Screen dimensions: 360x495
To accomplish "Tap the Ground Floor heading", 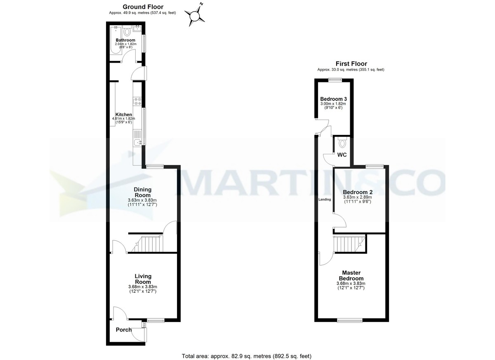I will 143,7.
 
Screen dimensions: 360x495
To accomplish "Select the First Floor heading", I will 351,64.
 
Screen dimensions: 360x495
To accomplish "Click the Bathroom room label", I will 125,40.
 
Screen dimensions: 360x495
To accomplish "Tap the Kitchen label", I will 123,115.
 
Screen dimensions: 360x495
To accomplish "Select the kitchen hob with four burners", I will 138,101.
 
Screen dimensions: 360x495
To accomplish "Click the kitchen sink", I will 138,142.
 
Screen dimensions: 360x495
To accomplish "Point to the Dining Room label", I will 142,192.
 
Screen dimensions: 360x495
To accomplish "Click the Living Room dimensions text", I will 143,289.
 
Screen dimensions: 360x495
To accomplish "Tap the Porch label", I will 124,330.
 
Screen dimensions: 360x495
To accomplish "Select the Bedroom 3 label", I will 333,99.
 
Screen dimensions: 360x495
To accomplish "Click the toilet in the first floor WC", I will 342,143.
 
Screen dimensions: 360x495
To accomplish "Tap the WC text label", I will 342,155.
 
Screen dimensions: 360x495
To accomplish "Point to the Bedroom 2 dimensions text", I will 358,200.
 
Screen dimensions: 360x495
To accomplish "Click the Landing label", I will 324,200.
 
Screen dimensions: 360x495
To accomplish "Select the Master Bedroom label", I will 351,275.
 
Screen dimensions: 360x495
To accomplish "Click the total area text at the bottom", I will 247,356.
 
